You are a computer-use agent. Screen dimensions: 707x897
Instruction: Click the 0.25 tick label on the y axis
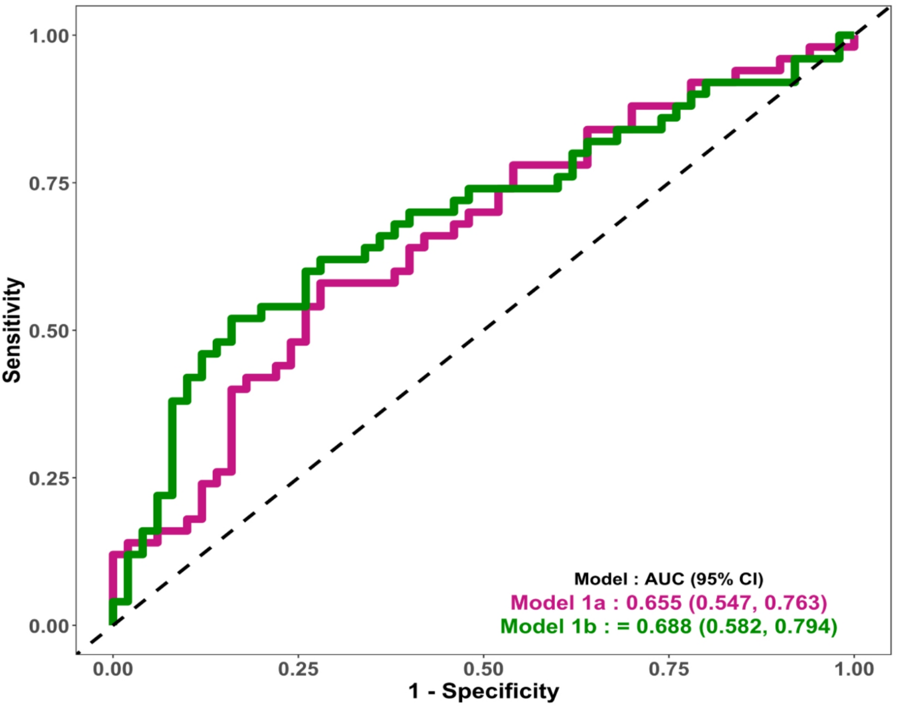click(49, 478)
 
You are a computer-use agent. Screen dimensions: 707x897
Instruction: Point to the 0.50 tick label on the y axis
click(49, 331)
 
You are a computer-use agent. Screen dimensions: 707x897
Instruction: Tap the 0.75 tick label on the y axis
click(49, 183)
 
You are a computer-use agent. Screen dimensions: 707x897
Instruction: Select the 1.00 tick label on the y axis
click(49, 36)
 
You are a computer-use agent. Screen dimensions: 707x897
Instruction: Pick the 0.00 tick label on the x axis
click(113, 670)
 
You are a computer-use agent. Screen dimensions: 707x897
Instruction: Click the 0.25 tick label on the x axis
click(298, 670)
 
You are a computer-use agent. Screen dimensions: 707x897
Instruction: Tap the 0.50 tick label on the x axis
click(483, 670)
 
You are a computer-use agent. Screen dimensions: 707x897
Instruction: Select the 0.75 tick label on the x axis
click(669, 670)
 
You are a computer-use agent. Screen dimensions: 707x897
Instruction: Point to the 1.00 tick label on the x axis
click(854, 670)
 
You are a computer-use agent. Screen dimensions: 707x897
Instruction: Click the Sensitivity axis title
click(13, 330)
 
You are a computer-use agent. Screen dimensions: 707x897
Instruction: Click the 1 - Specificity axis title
click(483, 691)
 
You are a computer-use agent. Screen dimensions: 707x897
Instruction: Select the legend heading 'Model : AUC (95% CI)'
click(669, 579)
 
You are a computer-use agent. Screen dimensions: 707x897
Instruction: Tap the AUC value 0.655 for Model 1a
click(654, 603)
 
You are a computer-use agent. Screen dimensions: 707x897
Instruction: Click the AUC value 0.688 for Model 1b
click(664, 626)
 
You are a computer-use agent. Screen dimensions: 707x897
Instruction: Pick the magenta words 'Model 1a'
click(558, 603)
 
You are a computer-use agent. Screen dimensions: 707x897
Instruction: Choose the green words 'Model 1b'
click(548, 626)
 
